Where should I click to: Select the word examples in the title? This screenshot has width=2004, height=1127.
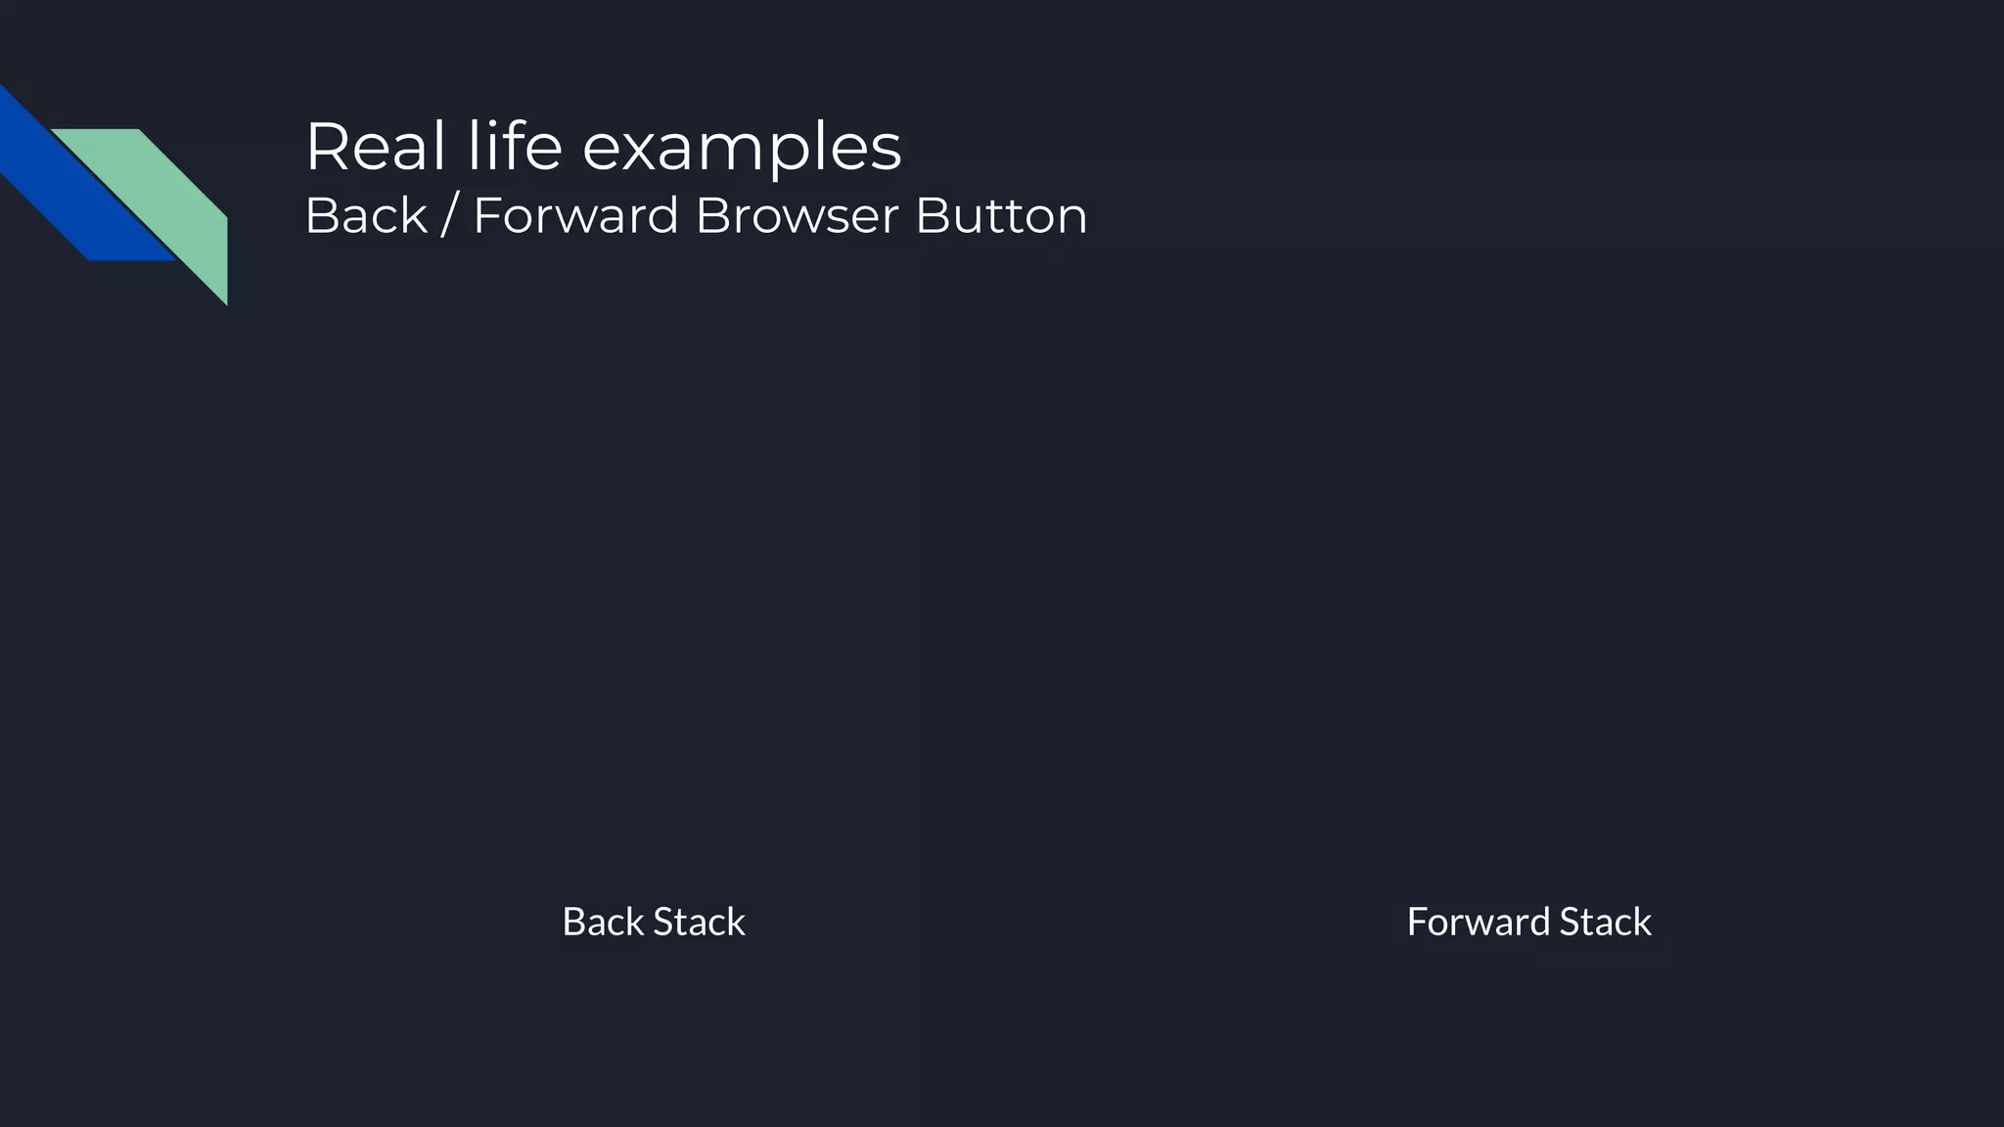[742, 149]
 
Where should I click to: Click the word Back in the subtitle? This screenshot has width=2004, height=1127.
[367, 216]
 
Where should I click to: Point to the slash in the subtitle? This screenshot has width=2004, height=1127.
[449, 216]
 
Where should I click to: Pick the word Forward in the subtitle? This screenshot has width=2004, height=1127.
[575, 216]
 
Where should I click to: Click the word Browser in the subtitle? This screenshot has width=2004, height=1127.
[797, 216]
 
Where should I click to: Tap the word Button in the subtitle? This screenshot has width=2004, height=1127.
[1001, 216]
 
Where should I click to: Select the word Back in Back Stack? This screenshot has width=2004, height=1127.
[603, 922]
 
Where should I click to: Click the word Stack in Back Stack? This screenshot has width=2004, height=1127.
[699, 922]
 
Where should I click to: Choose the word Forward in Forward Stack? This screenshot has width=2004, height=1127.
[1478, 922]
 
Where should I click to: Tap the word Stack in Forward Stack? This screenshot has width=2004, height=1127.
[1605, 922]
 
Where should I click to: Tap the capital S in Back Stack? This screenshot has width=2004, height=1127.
[662, 922]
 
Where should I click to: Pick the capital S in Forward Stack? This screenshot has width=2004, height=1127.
[1570, 922]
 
